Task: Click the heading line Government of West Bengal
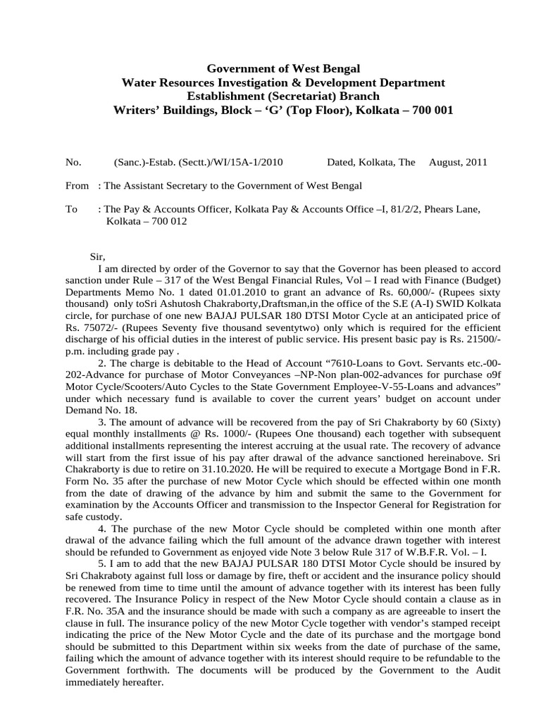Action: coord(282,68)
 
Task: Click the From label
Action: coord(77,185)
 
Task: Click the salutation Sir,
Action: coord(97,257)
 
